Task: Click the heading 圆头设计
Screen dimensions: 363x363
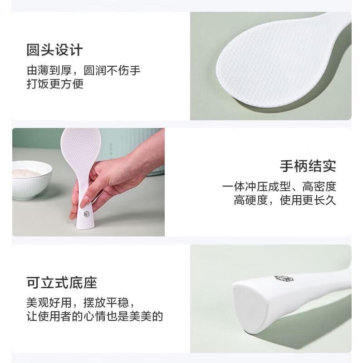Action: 54,50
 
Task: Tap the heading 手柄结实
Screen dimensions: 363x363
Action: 308,166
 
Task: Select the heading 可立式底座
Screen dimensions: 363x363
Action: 62,283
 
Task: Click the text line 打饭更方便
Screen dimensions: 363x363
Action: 55,84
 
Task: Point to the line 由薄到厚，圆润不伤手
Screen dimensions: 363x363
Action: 83,70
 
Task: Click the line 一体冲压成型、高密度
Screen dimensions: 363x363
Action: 279,186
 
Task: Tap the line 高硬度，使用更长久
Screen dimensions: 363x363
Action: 285,200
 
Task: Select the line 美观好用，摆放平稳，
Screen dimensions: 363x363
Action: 80,303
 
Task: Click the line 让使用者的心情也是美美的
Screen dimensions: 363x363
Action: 95,316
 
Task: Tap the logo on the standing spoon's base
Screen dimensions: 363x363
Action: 86,214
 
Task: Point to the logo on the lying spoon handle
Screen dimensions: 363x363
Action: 284,279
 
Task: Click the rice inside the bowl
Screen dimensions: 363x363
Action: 27,172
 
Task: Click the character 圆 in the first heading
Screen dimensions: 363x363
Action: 33,50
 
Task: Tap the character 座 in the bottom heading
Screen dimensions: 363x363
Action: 90,283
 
